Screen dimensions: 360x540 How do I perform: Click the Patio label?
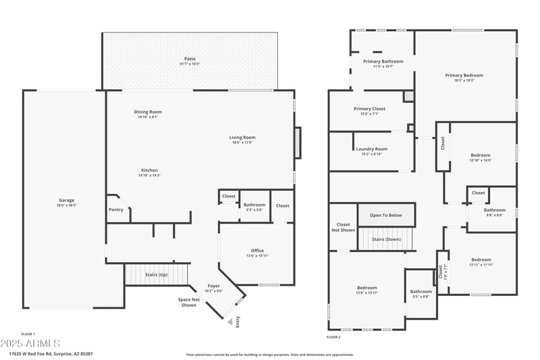point(190,59)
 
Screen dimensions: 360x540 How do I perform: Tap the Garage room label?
point(66,200)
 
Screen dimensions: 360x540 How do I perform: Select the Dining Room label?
point(147,112)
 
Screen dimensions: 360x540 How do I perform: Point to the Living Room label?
point(242,138)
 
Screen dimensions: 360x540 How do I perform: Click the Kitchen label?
point(149,170)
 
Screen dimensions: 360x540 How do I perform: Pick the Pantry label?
point(116,209)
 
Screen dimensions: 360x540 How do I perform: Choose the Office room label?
point(257,251)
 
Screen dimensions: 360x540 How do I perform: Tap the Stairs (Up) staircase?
point(157,275)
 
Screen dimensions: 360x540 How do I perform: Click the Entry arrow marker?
point(230,322)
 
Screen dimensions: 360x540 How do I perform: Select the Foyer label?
point(213,286)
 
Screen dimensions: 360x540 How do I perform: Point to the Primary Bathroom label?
point(383,61)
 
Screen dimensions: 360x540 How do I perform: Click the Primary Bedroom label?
point(464,76)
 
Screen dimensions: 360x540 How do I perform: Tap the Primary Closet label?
point(369,109)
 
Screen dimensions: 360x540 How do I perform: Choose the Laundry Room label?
point(371,149)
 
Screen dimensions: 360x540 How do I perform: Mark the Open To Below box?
point(385,215)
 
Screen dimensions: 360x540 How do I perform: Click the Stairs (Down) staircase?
point(385,238)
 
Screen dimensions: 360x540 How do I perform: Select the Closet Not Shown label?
point(343,227)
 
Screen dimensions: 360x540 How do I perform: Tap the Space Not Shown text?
point(188,302)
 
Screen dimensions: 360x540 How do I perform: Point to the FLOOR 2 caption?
point(333,336)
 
